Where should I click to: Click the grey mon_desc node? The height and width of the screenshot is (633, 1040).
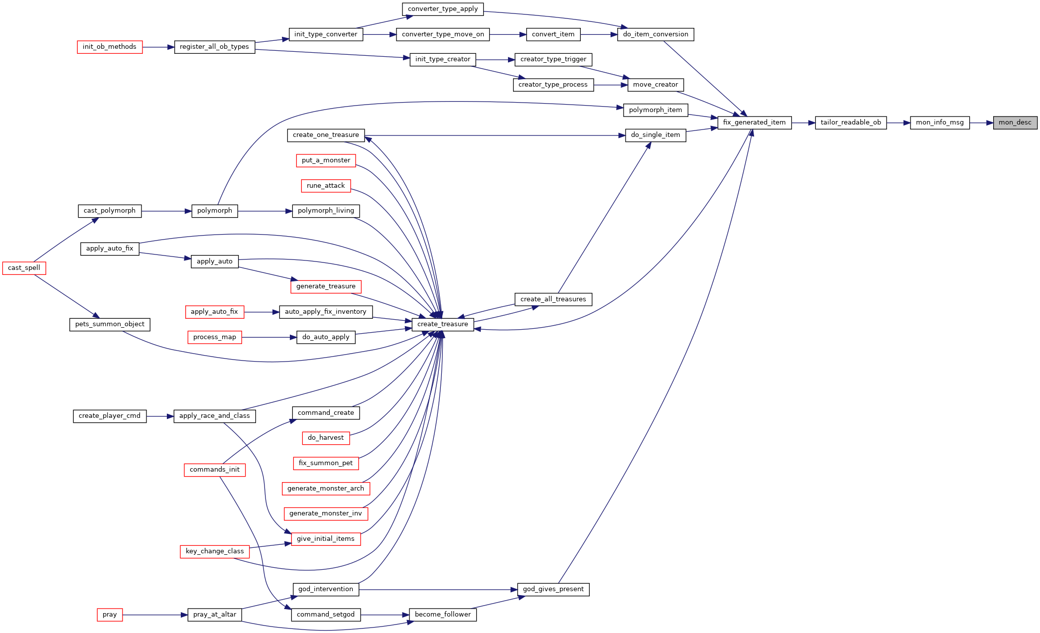[1015, 123]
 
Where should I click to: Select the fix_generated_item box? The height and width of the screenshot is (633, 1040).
[754, 123]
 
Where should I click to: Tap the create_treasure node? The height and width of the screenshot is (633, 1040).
[443, 324]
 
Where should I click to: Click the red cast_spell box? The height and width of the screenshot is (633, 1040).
[24, 268]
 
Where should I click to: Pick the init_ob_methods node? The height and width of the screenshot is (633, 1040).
[110, 47]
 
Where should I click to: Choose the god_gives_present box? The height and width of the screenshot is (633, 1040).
[553, 589]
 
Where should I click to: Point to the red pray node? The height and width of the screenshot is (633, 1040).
[110, 615]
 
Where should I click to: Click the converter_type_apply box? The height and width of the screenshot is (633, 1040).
[443, 9]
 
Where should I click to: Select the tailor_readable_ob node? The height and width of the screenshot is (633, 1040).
[851, 123]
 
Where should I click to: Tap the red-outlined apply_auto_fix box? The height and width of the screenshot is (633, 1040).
[214, 312]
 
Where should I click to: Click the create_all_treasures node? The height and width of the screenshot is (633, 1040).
[553, 299]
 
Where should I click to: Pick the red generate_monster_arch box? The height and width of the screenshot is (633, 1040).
[326, 489]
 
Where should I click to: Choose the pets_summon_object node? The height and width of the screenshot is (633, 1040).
[110, 324]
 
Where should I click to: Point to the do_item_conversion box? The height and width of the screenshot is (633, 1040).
[655, 34]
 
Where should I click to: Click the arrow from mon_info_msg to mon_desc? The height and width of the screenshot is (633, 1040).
[981, 123]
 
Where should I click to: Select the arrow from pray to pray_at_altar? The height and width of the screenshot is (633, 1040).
[155, 615]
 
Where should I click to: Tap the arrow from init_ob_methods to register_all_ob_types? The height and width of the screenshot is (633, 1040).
[158, 47]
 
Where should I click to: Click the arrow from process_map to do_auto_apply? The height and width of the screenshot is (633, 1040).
[269, 337]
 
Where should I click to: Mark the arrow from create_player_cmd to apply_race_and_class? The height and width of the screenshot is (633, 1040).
[160, 416]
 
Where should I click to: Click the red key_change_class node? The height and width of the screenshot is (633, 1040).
[215, 551]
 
